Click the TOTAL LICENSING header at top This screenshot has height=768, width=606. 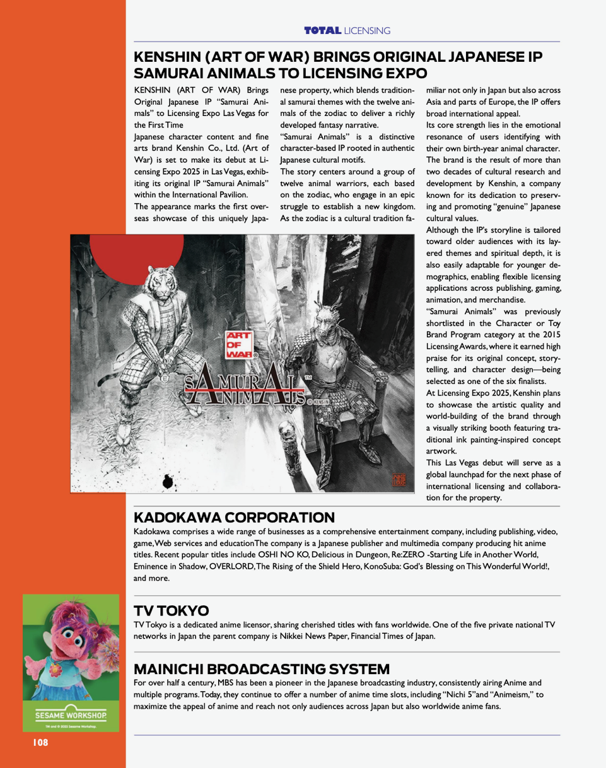point(347,30)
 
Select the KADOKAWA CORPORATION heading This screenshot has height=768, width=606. point(234,518)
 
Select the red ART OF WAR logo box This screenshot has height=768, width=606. point(239,346)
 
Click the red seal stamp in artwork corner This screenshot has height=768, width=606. point(400,480)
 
